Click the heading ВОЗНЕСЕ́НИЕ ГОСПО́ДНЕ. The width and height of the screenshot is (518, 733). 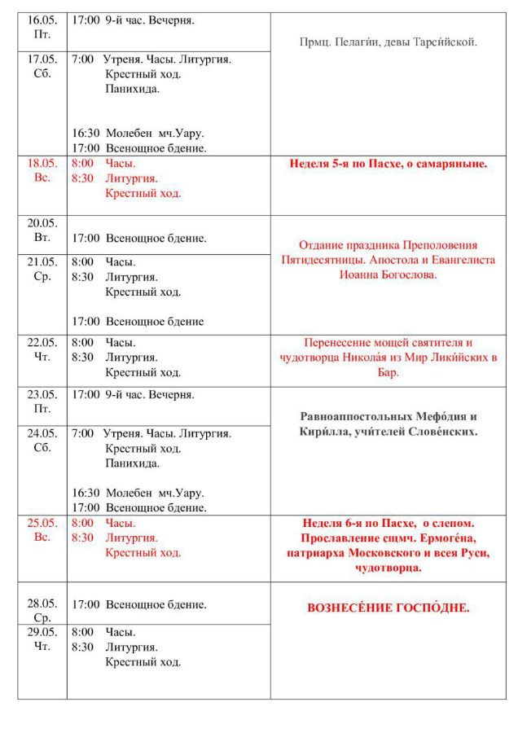388,608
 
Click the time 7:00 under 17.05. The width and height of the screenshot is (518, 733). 81,59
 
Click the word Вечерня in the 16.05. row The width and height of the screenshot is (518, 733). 171,19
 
